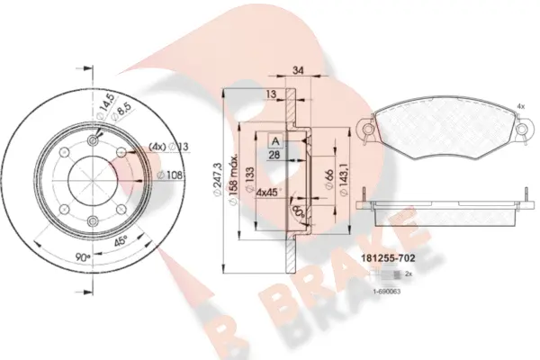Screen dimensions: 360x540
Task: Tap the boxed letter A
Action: (x=274, y=140)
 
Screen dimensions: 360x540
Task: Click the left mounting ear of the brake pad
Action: (x=367, y=130)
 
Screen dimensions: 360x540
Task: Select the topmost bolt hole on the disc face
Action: (x=94, y=141)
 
